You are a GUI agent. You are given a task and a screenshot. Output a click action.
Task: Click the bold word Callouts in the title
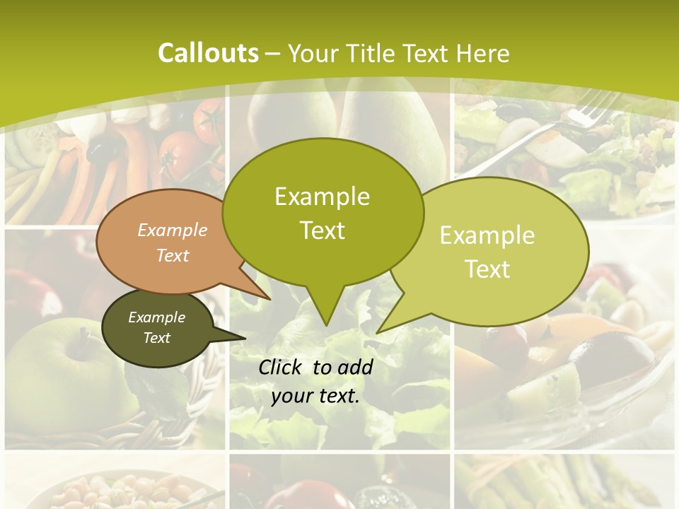point(208,53)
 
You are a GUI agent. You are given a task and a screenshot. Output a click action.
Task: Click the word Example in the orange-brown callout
point(173,230)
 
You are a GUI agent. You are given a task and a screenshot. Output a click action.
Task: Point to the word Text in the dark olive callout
point(157,338)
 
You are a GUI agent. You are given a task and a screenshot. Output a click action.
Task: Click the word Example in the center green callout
point(322,197)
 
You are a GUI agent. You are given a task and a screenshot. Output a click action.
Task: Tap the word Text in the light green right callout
point(488,269)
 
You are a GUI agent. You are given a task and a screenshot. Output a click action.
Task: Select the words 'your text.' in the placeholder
point(315,396)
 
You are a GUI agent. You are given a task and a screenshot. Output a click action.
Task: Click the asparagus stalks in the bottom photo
point(566,484)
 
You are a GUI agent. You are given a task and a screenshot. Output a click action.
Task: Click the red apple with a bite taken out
point(42,290)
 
